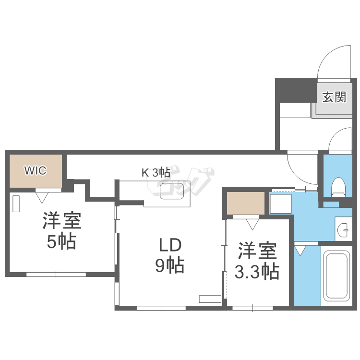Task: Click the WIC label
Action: click(x=36, y=170)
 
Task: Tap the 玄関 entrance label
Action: click(x=334, y=97)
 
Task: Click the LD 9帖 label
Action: click(x=169, y=255)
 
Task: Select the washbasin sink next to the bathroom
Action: click(x=344, y=229)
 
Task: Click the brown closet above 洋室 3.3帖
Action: click(x=246, y=203)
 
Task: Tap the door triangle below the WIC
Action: click(x=42, y=196)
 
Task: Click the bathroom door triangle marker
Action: click(x=300, y=250)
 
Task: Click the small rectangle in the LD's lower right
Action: click(x=210, y=299)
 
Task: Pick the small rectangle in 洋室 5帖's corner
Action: click(x=16, y=204)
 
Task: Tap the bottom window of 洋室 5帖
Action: click(x=56, y=274)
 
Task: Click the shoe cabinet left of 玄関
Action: click(x=295, y=110)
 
